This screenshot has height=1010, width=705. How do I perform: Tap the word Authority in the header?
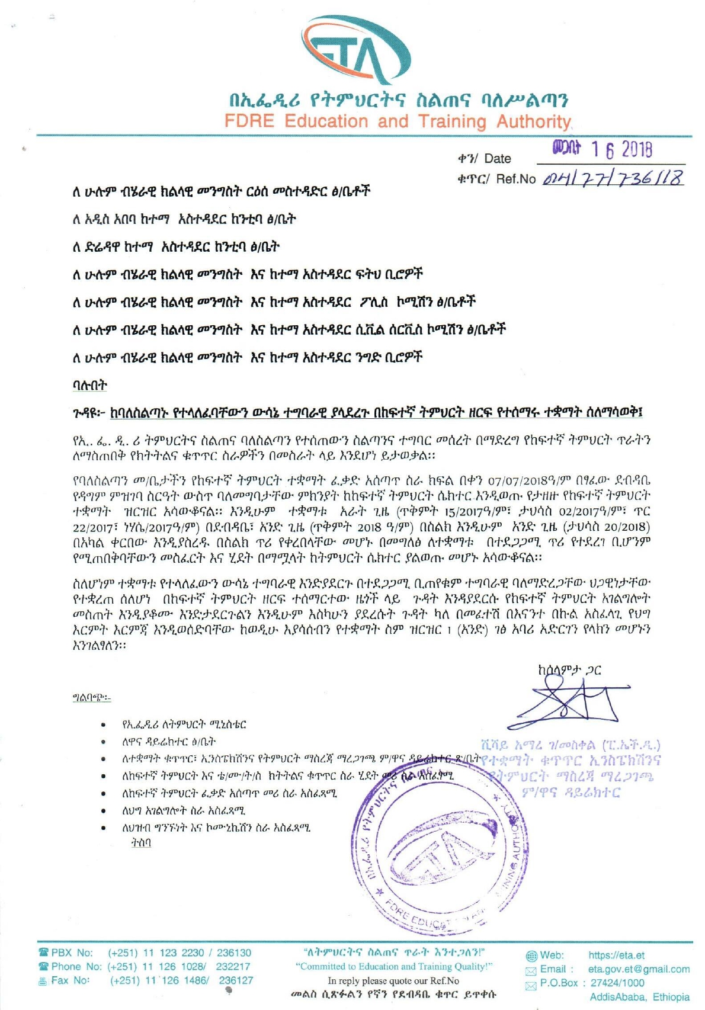[x=533, y=121]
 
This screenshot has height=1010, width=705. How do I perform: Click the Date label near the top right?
[x=497, y=158]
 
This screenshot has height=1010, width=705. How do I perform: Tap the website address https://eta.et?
[x=616, y=955]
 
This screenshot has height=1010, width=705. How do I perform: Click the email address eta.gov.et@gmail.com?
[x=639, y=969]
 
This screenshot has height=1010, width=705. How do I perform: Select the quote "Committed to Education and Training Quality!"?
[x=394, y=966]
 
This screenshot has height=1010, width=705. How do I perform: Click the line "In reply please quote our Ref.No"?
[x=393, y=980]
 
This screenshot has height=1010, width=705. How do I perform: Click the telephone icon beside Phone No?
[x=43, y=966]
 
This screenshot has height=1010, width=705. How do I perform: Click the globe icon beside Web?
[x=531, y=956]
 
